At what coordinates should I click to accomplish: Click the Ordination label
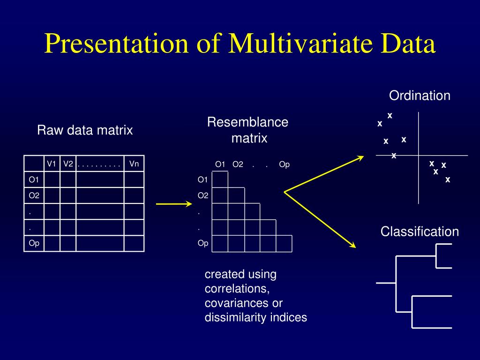[x=420, y=96]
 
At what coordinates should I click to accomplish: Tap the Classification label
[x=420, y=231]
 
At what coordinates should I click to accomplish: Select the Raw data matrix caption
[x=85, y=130]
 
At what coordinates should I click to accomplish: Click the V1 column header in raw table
[x=52, y=164]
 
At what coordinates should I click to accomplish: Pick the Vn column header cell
[x=134, y=164]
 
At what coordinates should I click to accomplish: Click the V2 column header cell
[x=68, y=164]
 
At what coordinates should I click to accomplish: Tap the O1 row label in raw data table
[x=34, y=180]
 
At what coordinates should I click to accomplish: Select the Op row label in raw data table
[x=34, y=243]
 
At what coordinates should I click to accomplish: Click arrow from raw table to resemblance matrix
[x=173, y=204]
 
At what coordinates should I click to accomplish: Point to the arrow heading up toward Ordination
[x=323, y=174]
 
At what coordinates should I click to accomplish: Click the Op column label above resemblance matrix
[x=284, y=164]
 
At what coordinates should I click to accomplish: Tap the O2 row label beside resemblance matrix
[x=203, y=195]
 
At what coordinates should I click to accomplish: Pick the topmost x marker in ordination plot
[x=390, y=115]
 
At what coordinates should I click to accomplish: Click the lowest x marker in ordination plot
[x=448, y=180]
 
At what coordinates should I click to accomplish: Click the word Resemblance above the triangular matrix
[x=247, y=122]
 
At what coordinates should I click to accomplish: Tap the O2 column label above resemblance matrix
[x=238, y=164]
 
